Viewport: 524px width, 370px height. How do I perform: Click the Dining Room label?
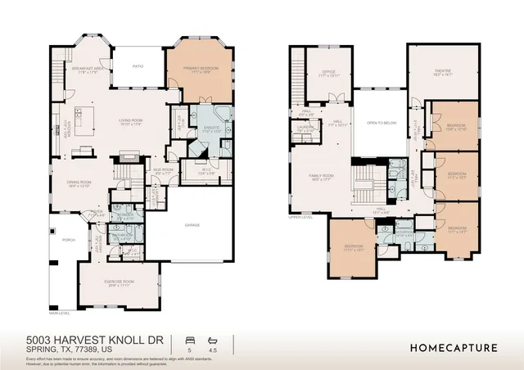coord(79,183)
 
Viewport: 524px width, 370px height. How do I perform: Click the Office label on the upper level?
coord(329,72)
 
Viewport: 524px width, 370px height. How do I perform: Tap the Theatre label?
coord(443,71)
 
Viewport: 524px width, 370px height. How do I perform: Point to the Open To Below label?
coord(382,124)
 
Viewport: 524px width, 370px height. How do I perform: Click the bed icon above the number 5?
coord(190,339)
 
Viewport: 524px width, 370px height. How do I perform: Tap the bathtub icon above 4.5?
coord(213,339)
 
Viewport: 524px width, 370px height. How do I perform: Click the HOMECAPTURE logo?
coord(453,347)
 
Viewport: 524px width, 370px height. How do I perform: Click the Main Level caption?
coord(59,313)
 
